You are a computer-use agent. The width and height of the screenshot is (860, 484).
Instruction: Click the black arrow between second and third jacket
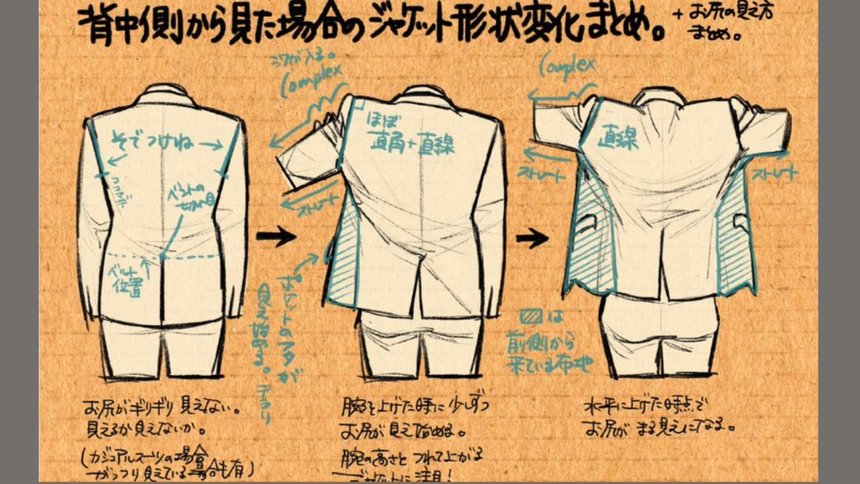(532, 239)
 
